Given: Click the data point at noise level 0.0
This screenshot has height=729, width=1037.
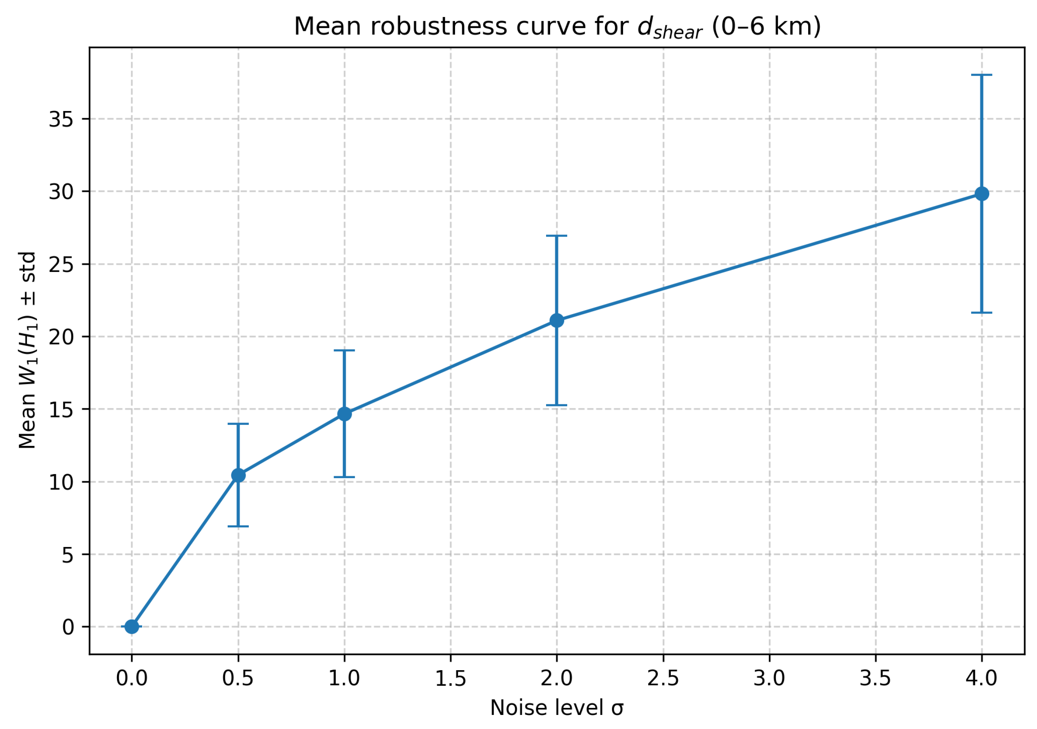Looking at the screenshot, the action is point(131,626).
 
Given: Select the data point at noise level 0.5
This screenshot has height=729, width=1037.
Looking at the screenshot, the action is point(238,475).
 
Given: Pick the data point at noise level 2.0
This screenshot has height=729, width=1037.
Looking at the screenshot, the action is point(556,320).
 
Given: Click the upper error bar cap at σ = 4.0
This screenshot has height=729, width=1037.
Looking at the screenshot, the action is point(981,75).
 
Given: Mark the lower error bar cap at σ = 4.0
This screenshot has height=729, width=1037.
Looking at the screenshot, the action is point(981,312).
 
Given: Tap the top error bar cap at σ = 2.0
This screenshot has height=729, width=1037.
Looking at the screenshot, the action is point(556,236).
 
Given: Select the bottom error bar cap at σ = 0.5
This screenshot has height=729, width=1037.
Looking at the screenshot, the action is point(238,526).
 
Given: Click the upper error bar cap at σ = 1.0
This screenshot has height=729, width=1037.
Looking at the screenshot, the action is point(345,350).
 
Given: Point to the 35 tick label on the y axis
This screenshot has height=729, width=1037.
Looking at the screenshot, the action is point(61,120).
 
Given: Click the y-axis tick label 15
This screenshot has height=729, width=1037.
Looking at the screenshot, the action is point(61,410).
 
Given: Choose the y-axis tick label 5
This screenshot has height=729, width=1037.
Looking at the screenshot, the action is point(68,555).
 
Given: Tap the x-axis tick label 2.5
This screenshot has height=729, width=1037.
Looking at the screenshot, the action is point(663,678).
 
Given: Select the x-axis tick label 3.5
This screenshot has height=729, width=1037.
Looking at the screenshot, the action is point(875,678).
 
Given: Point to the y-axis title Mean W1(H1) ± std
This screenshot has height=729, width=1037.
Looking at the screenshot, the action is point(27,350).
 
